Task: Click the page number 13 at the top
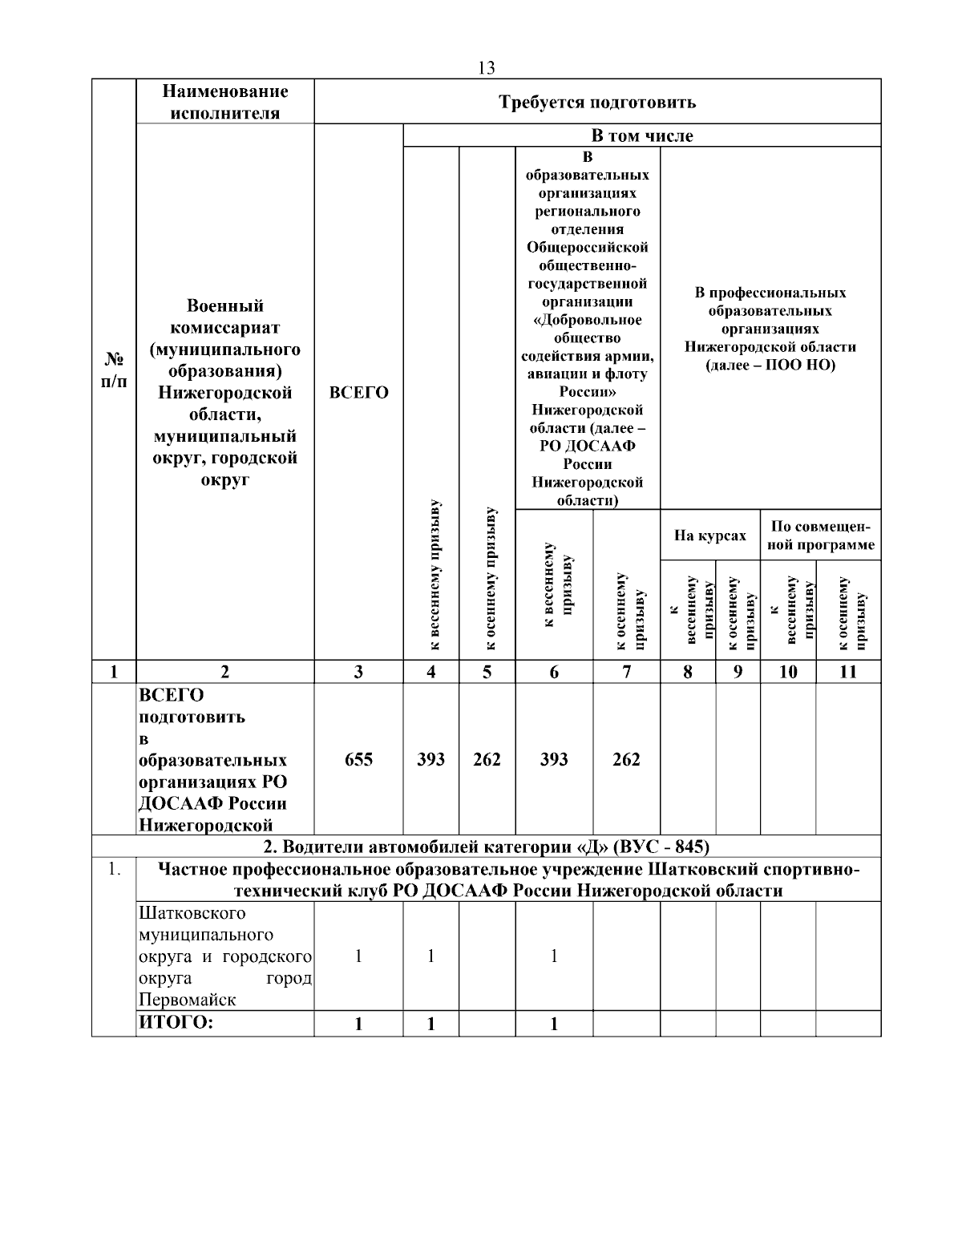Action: (486, 67)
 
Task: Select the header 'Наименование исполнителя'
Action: (224, 102)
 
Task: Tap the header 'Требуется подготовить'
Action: (597, 102)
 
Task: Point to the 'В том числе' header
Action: (641, 135)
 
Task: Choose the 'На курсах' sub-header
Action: (709, 536)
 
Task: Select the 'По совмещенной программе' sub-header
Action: (820, 536)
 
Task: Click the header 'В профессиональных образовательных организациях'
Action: (770, 329)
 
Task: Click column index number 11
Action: (848, 672)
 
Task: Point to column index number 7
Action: (626, 672)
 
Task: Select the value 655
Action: (358, 759)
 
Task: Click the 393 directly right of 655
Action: (431, 759)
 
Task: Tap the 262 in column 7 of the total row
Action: (626, 759)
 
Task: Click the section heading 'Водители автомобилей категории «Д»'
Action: (487, 847)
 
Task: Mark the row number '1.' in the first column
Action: (113, 869)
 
